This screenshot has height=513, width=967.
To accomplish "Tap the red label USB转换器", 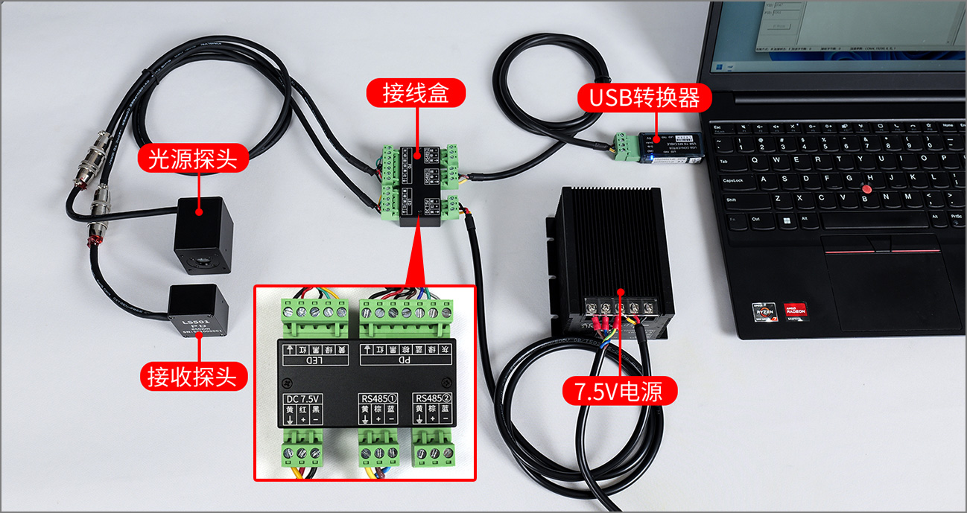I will [x=645, y=98].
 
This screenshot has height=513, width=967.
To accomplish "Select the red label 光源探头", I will [x=193, y=159].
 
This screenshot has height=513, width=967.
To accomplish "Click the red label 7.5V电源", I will [x=618, y=391].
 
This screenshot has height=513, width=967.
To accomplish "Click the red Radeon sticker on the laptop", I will [x=795, y=310].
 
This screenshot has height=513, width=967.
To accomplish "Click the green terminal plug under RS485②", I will [x=434, y=450].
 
